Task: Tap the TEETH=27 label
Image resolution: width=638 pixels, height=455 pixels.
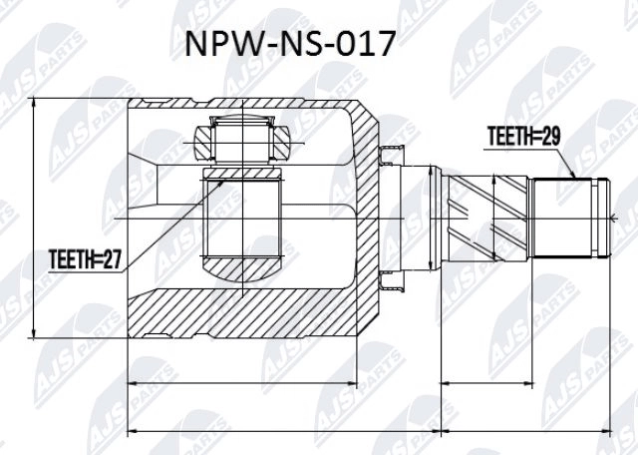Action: point(85,260)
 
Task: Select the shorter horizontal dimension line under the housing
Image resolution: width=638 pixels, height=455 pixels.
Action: point(254,382)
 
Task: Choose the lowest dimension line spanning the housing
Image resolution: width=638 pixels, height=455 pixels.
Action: point(284,432)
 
